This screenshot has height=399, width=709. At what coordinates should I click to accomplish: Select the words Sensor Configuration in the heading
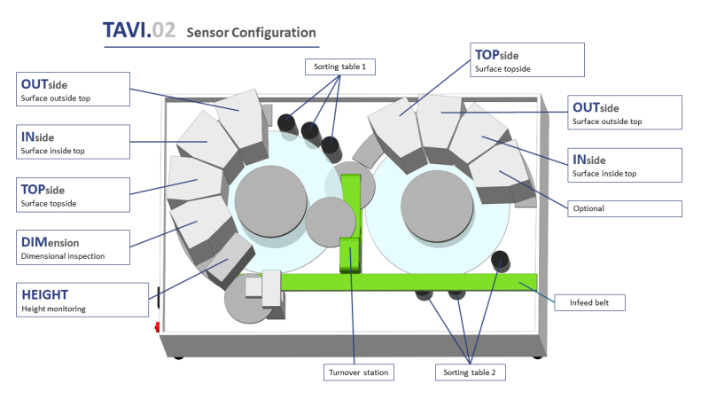tap(251, 33)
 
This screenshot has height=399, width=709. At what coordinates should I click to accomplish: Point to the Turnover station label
tap(359, 372)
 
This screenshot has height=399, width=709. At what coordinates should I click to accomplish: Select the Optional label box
tap(624, 208)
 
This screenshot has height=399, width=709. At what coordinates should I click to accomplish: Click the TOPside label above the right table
tap(527, 59)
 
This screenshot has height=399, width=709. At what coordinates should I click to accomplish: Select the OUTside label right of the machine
tap(626, 113)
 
